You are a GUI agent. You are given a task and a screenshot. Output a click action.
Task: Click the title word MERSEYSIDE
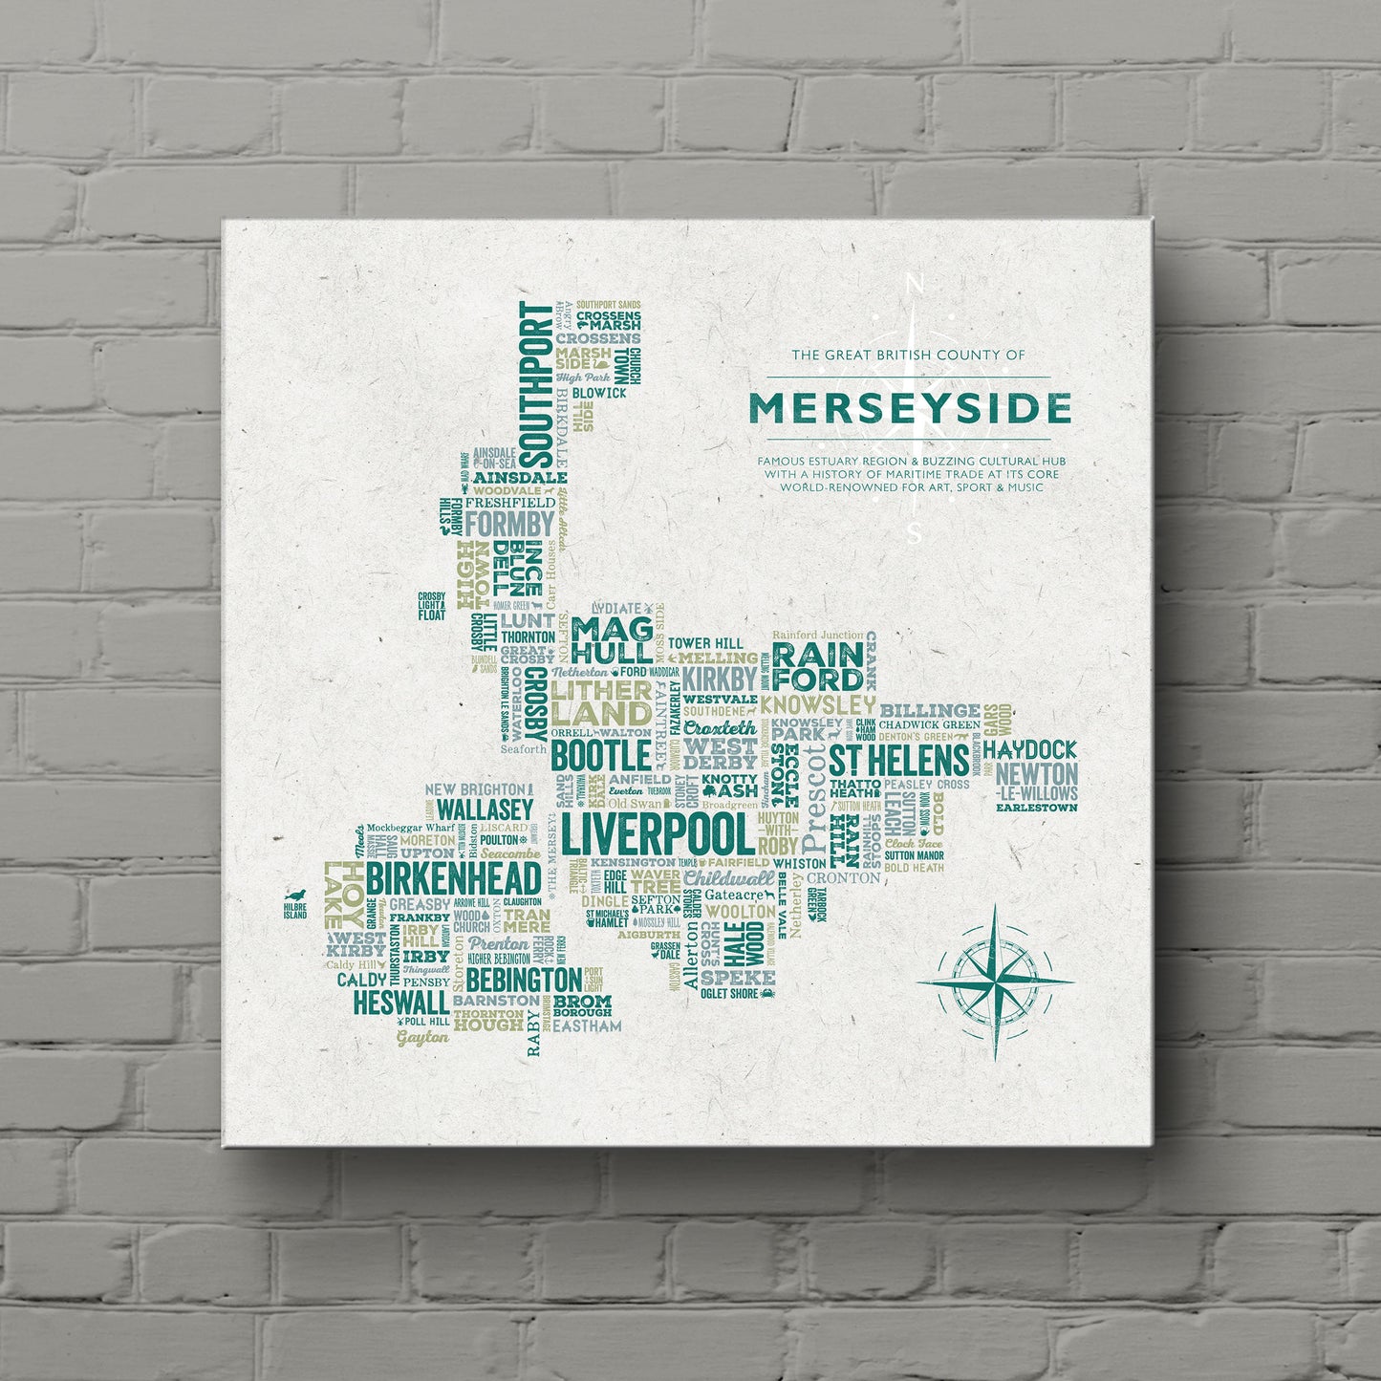click(x=909, y=408)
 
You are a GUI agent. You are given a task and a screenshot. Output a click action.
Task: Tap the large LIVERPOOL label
click(x=657, y=834)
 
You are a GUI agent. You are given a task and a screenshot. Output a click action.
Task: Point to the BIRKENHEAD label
click(x=454, y=879)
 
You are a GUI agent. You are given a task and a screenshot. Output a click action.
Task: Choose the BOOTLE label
click(x=601, y=755)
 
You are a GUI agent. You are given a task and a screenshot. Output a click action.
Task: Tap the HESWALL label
click(x=400, y=1002)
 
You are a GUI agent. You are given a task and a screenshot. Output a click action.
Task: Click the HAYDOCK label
click(x=1029, y=750)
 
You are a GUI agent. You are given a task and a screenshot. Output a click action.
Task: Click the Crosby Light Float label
click(x=432, y=606)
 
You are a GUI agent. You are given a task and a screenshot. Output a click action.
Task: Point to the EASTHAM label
click(x=587, y=1025)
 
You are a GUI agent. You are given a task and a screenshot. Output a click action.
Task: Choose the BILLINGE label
click(x=930, y=710)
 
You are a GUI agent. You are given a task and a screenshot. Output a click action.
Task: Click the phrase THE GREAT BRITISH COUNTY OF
click(x=908, y=355)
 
